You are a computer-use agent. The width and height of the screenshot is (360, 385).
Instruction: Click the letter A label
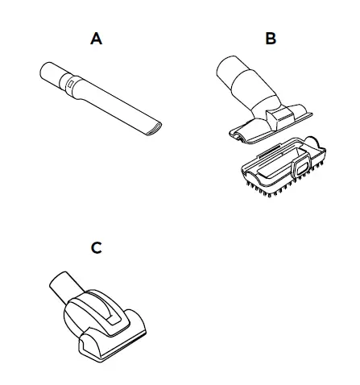tap(97, 38)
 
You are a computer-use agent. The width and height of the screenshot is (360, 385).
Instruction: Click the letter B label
tap(270, 38)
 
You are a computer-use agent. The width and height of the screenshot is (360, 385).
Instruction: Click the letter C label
tap(97, 247)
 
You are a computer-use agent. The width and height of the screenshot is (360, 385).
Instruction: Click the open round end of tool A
tap(45, 72)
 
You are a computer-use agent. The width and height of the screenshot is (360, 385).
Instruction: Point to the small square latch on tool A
tap(72, 81)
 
